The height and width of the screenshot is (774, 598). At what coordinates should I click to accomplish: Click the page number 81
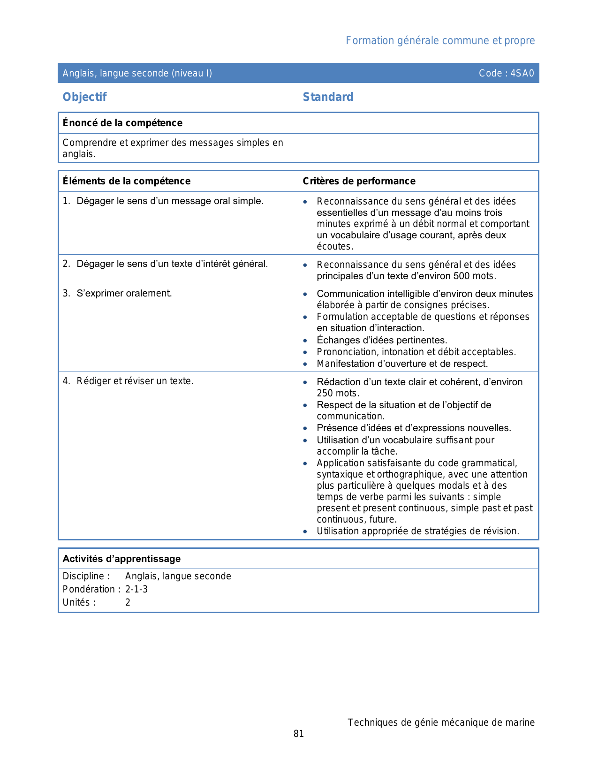point(299,734)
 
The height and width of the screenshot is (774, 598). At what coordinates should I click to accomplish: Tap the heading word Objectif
point(84,97)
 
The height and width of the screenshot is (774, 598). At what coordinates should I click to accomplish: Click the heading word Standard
point(328,97)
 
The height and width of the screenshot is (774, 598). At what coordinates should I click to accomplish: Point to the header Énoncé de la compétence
point(122,123)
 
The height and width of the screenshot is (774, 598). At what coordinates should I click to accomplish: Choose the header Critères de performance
point(359,181)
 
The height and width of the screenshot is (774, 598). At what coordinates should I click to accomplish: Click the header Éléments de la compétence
point(127,181)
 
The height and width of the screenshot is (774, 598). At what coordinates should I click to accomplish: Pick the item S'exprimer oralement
point(124,293)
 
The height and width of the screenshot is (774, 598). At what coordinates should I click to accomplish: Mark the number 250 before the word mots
point(325,393)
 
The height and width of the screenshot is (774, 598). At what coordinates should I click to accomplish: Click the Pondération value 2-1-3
point(136,589)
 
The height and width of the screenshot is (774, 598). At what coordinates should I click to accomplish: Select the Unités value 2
point(128,602)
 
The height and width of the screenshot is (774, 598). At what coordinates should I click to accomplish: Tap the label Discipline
point(86,576)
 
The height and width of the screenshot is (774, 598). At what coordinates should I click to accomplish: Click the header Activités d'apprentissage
point(121,559)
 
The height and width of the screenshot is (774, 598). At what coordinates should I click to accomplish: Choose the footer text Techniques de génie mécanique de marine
point(441,722)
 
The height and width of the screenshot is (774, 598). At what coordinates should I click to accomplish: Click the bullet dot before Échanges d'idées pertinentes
point(305,340)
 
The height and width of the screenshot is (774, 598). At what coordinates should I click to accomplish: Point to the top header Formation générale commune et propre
point(440,41)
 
